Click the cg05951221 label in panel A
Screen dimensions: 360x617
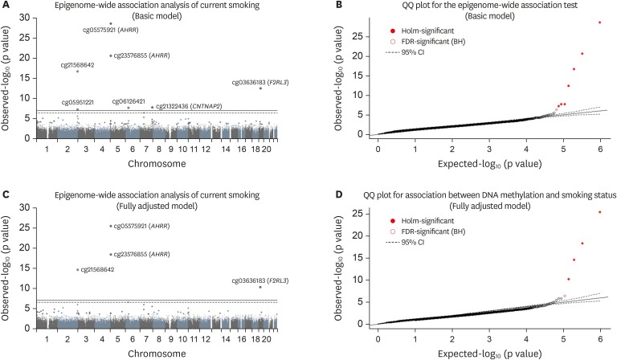coord(78,102)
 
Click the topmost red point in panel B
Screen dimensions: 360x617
coord(599,22)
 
